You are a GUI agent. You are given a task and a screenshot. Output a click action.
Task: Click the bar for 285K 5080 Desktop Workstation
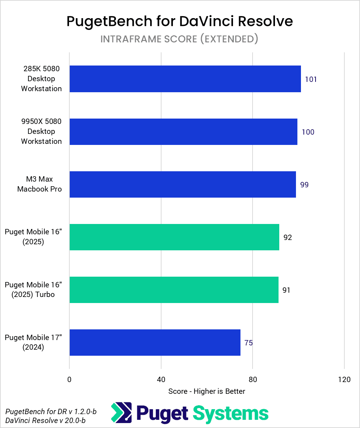click(185, 79)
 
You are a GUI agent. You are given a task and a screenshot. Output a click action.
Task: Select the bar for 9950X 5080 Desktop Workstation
click(183, 132)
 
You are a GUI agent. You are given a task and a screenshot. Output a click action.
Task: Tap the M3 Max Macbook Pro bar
click(182, 184)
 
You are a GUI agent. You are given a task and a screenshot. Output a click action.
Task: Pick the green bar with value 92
click(174, 237)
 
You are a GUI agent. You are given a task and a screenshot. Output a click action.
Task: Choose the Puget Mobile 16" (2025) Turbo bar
click(174, 290)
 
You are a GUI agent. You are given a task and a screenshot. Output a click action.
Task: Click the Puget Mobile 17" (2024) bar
click(155, 343)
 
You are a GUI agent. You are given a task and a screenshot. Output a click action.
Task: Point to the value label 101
click(311, 79)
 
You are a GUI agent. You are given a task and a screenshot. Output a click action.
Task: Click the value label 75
click(248, 343)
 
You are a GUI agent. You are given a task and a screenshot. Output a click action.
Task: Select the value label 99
click(304, 185)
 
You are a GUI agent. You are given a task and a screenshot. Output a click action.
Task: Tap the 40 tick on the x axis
click(161, 380)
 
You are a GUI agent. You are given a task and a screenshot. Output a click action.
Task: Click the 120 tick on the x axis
click(344, 380)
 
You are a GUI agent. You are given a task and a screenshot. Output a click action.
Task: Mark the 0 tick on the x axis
click(69, 380)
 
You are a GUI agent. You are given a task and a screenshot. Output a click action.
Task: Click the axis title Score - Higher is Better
click(207, 391)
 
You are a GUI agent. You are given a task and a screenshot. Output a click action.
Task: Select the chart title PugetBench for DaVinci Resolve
click(180, 21)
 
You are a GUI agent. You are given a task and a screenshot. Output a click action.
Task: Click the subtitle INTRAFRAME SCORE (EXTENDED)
click(179, 39)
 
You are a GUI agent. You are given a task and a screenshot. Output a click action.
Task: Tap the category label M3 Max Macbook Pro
click(39, 184)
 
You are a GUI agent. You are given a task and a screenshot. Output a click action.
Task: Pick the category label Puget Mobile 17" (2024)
click(33, 342)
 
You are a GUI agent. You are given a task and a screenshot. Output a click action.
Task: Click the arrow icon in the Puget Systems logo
click(121, 413)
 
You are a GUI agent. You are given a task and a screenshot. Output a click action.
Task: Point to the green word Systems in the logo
click(231, 413)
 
